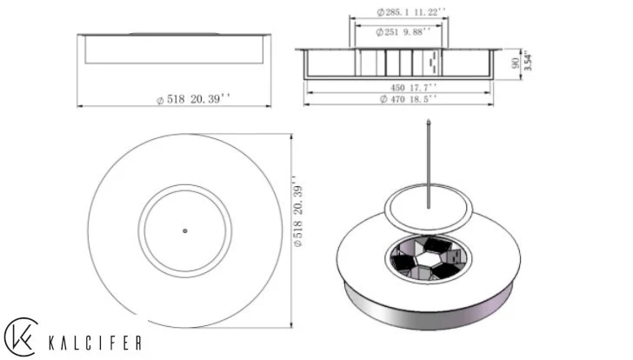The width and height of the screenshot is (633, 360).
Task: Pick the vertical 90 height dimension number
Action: (x=516, y=63)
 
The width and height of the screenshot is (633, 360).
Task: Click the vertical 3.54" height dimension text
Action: (x=527, y=63)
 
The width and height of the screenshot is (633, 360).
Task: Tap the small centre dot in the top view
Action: (x=185, y=230)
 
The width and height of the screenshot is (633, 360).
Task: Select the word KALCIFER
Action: (x=96, y=342)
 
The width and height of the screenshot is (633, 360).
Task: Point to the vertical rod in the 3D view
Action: (x=429, y=161)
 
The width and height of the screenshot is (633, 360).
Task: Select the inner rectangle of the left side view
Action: (x=174, y=50)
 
